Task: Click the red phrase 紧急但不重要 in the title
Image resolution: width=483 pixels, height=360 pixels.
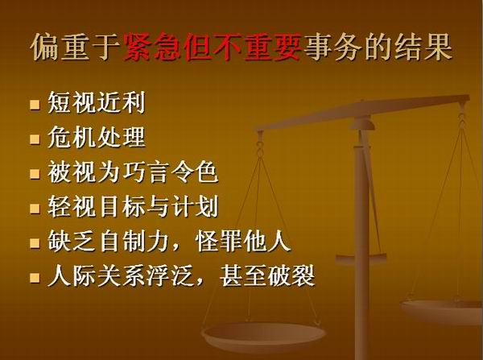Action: click(213, 48)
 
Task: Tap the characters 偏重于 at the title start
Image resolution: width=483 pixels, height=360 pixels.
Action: click(76, 48)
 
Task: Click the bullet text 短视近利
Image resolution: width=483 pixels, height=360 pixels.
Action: click(97, 102)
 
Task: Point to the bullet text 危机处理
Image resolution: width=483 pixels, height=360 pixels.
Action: click(97, 137)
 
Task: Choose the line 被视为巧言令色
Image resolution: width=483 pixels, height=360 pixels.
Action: click(133, 172)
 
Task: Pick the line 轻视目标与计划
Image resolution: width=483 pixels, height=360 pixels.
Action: click(133, 206)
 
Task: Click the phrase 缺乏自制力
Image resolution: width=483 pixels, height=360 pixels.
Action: click(109, 241)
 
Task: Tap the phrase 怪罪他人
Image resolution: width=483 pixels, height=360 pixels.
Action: click(243, 241)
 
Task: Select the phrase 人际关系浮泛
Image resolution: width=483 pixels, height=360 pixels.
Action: click(121, 275)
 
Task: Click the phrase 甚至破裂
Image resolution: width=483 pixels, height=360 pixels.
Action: click(267, 275)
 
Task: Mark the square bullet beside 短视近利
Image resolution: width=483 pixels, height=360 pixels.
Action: click(35, 105)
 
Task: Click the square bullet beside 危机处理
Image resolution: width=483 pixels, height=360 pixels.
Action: click(35, 139)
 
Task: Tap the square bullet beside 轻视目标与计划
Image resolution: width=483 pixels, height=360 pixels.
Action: click(35, 208)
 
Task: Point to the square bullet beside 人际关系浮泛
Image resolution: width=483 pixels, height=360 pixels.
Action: click(35, 277)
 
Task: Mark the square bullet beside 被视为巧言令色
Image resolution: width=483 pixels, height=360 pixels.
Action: click(35, 173)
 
